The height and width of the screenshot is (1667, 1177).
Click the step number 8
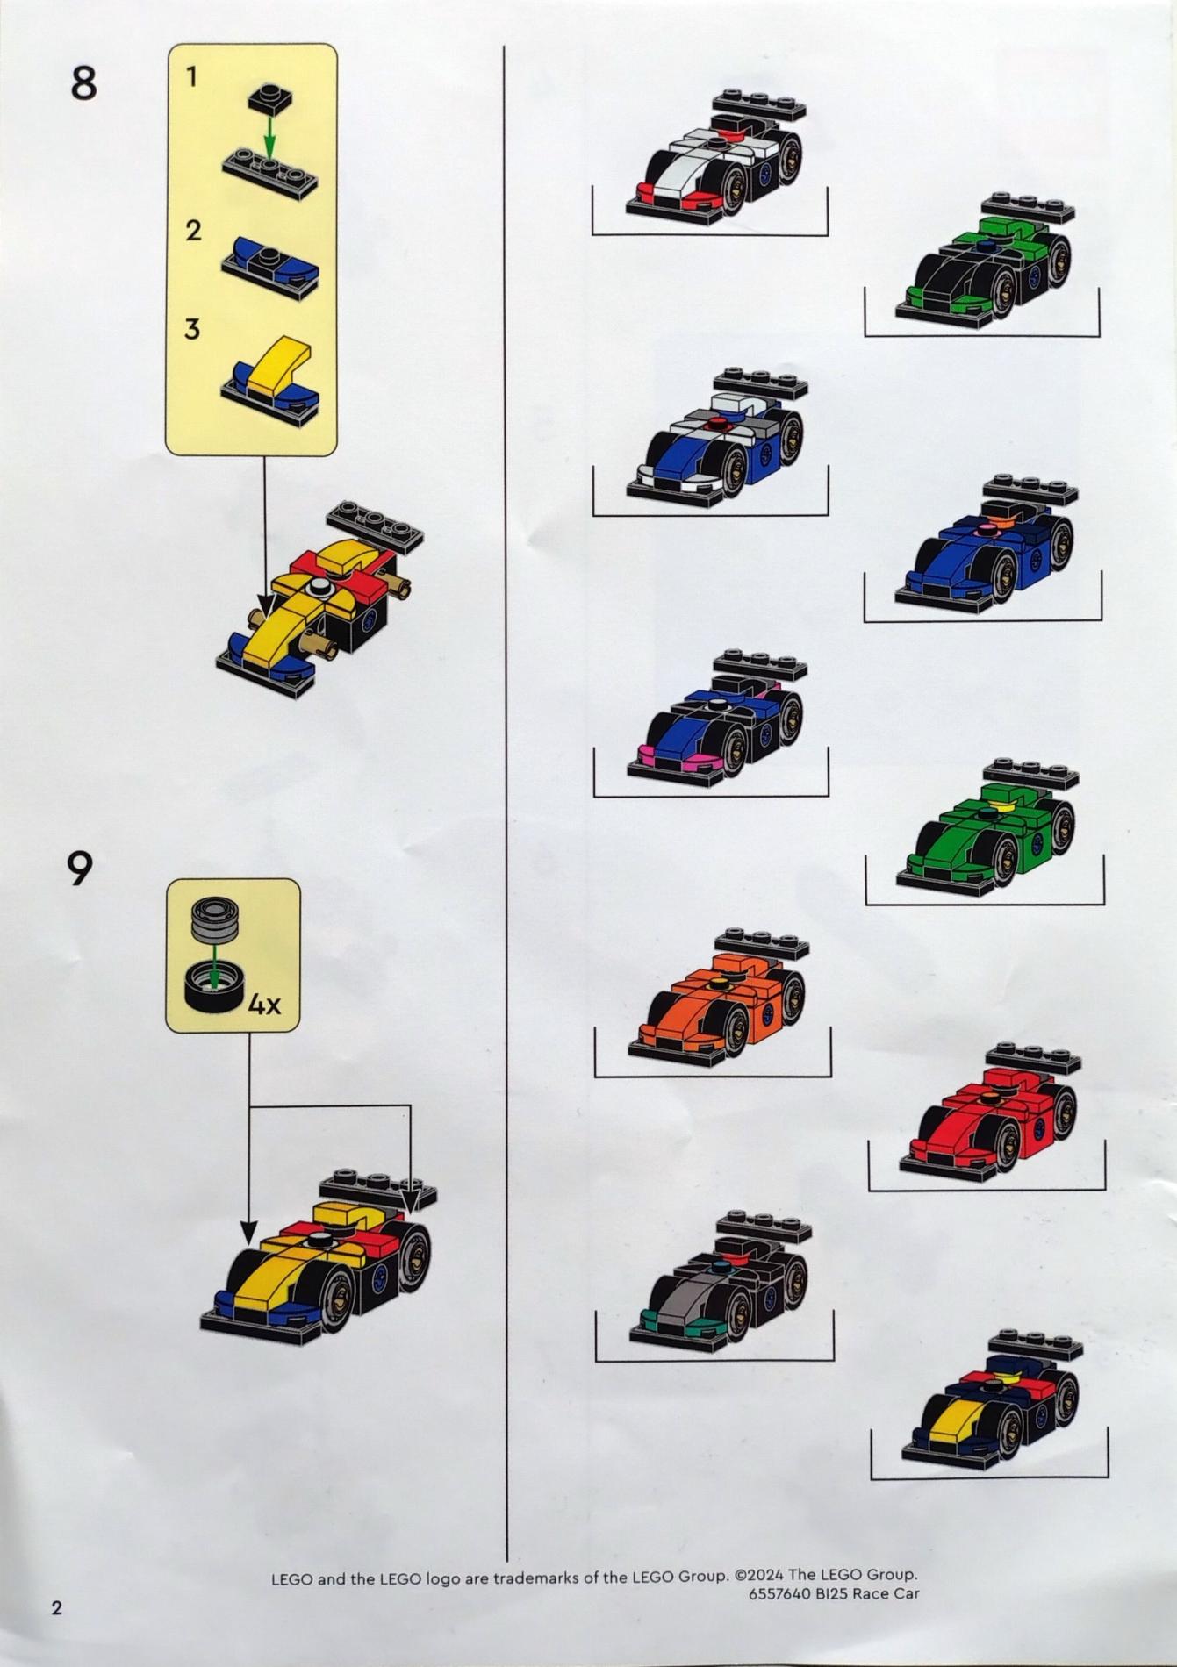(x=83, y=84)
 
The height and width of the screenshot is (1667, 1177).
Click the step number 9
(x=80, y=869)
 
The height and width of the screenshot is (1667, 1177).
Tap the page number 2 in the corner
(x=57, y=1607)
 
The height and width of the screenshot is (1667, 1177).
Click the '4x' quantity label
(x=264, y=1005)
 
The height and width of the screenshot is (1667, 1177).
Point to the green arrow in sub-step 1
(x=270, y=137)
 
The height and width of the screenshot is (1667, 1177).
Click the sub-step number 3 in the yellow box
(x=192, y=329)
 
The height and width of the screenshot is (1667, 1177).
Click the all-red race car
(x=991, y=1113)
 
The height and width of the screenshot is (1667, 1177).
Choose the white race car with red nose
(x=716, y=158)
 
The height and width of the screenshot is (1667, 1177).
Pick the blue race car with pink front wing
(x=717, y=718)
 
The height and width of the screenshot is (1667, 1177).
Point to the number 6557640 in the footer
(x=779, y=1593)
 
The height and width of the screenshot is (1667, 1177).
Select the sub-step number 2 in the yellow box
(x=193, y=231)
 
